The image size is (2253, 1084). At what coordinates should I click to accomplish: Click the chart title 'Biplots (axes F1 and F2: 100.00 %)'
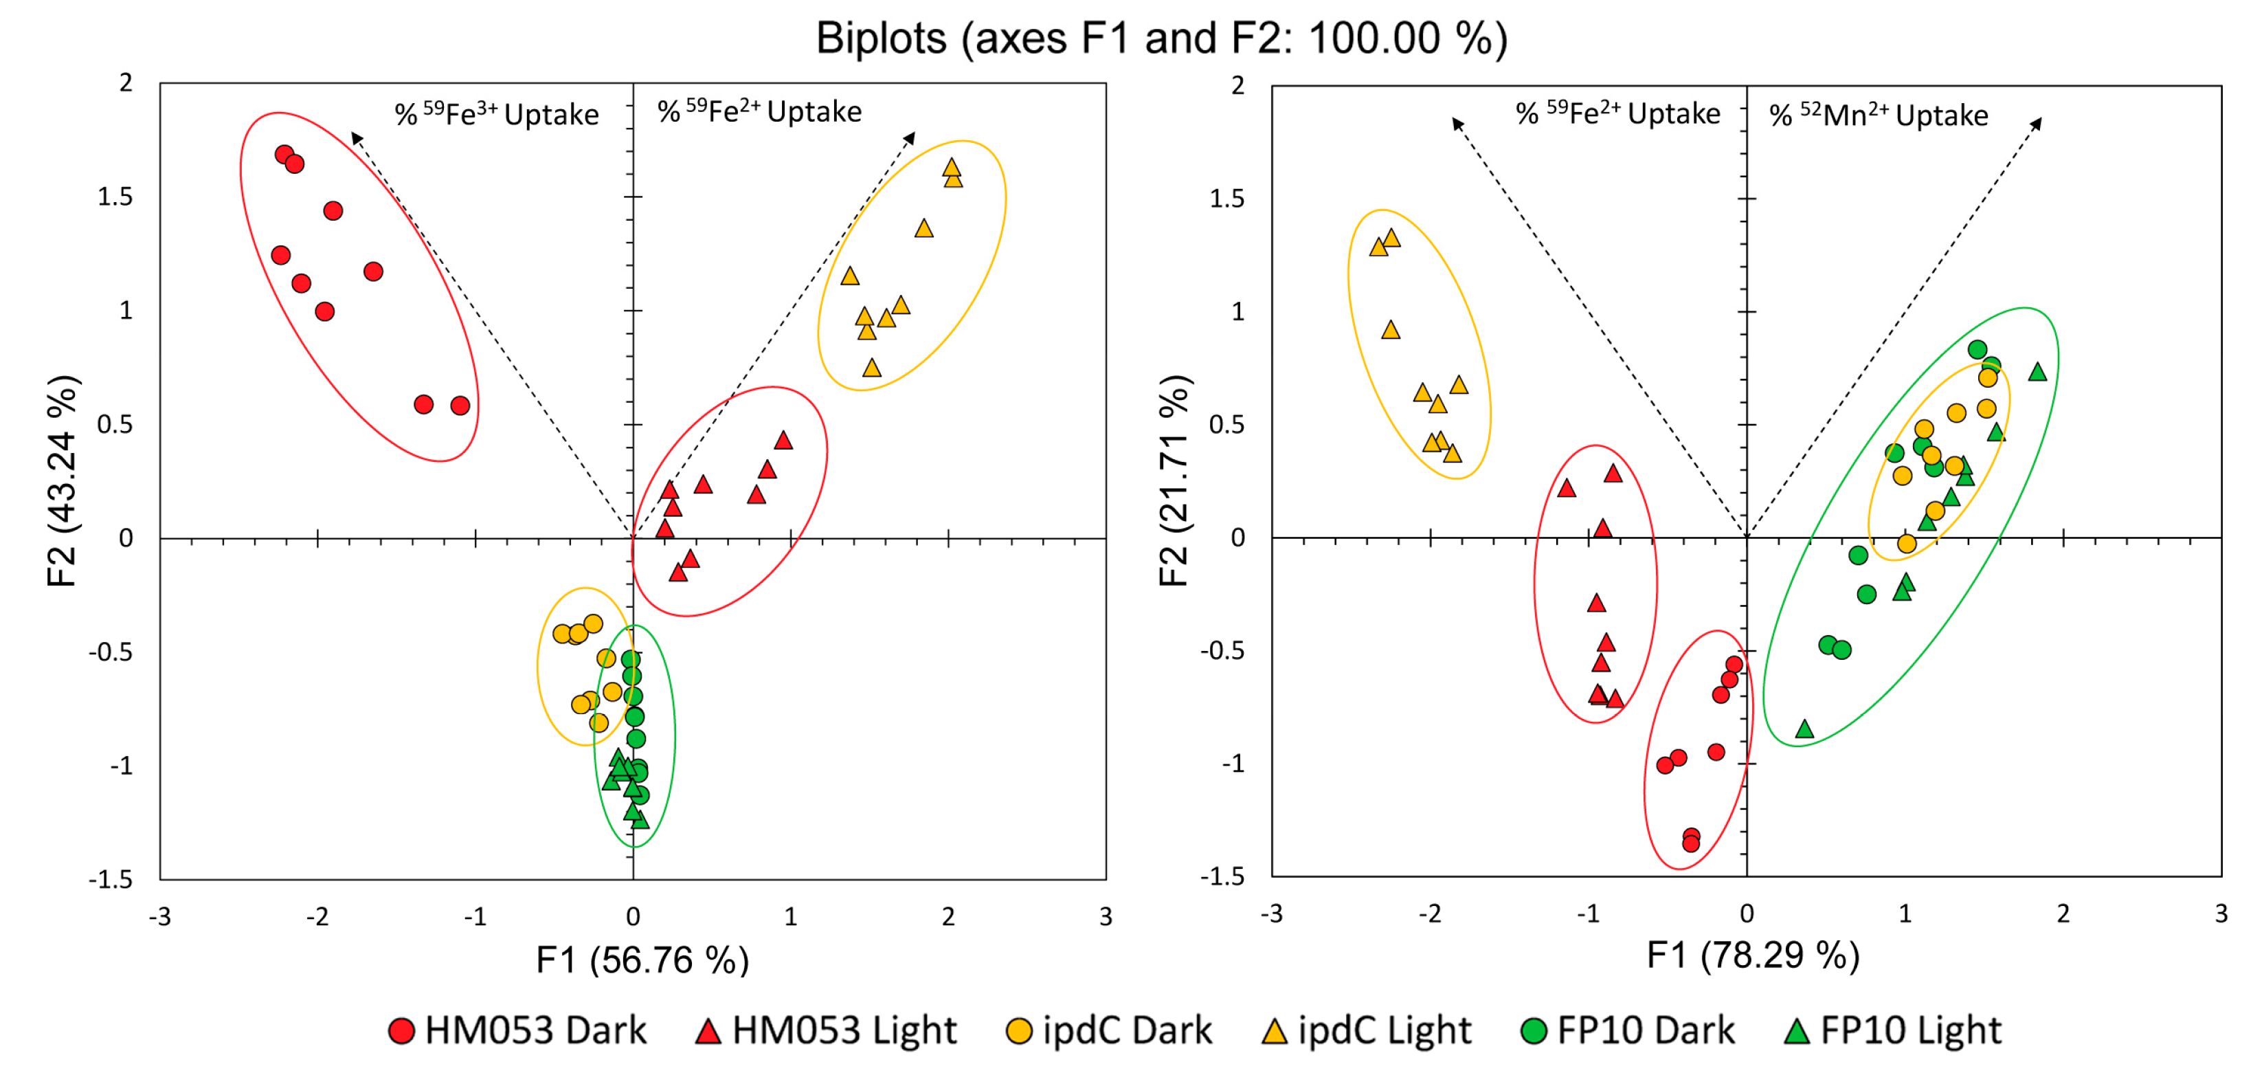pyautogui.click(x=1161, y=38)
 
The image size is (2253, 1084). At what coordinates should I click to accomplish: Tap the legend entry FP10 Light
pyautogui.click(x=1893, y=1030)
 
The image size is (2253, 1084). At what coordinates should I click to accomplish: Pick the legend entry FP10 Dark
pyautogui.click(x=1628, y=1030)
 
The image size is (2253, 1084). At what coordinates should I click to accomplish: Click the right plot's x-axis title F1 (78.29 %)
pyautogui.click(x=1753, y=955)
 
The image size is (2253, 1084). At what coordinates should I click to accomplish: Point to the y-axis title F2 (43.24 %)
pyautogui.click(x=63, y=480)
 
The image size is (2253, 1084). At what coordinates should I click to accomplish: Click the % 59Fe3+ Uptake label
pyautogui.click(x=497, y=113)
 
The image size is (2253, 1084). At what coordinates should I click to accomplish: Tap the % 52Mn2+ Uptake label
pyautogui.click(x=1878, y=115)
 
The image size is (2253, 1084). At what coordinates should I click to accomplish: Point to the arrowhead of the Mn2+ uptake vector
pyautogui.click(x=2037, y=122)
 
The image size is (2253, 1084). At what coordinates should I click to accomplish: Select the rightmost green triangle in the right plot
pyautogui.click(x=2038, y=373)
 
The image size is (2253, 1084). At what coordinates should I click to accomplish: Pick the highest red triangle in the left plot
pyautogui.click(x=784, y=440)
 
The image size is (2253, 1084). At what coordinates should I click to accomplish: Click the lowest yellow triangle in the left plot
pyautogui.click(x=871, y=368)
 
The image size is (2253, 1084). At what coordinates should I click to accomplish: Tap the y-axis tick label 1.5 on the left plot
pyautogui.click(x=115, y=197)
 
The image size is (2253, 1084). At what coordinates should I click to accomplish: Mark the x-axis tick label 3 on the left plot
pyautogui.click(x=1106, y=916)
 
